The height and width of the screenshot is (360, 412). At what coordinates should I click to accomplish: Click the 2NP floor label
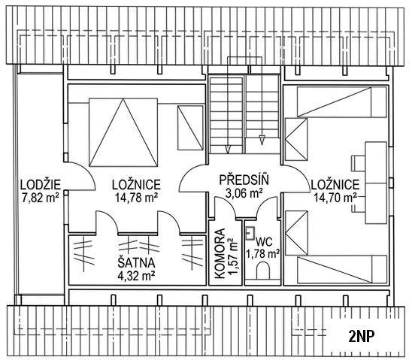click(361, 337)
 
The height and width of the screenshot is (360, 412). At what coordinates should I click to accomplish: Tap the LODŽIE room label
click(41, 185)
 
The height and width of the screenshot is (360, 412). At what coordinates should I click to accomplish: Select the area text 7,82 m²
click(41, 198)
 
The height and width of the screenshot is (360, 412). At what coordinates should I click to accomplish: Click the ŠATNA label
click(136, 263)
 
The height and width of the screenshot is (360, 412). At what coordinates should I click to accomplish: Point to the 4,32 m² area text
click(136, 276)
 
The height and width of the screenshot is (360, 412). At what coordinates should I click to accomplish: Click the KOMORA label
click(220, 253)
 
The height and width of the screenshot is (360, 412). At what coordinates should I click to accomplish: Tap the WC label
click(265, 242)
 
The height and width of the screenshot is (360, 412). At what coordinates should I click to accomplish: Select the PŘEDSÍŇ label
click(244, 180)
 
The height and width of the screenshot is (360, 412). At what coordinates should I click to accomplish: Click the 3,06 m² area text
click(244, 193)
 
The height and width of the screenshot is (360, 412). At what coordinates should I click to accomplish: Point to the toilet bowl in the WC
click(263, 271)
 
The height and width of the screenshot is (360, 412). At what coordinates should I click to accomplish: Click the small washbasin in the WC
click(250, 234)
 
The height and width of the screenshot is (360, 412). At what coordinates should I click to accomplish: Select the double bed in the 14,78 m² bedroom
click(123, 132)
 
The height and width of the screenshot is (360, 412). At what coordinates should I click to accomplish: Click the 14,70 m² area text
click(335, 198)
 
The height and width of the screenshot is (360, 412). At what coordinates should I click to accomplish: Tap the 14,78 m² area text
click(136, 198)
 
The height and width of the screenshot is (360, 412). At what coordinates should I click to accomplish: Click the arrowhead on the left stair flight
click(228, 149)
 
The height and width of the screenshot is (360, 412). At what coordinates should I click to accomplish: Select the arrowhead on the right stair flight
click(262, 140)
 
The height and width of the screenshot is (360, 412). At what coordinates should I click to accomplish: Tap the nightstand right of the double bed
click(190, 128)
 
